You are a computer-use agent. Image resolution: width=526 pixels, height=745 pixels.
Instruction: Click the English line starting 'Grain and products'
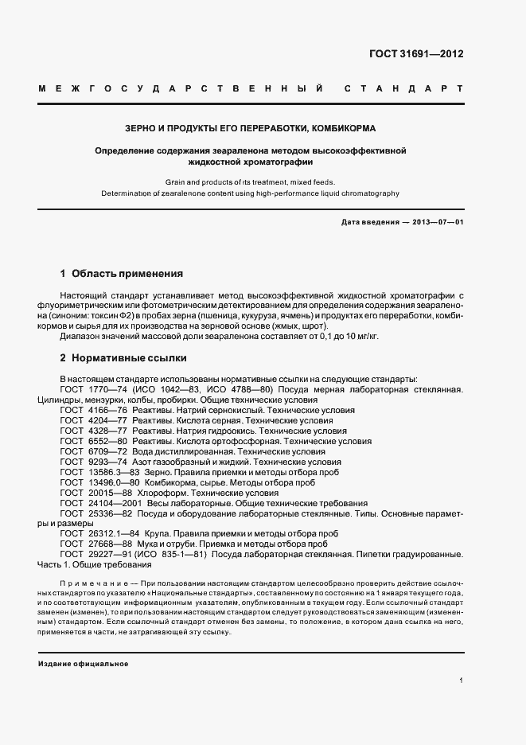point(250,181)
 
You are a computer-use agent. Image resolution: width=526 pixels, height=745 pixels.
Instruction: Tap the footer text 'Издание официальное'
point(83,663)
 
